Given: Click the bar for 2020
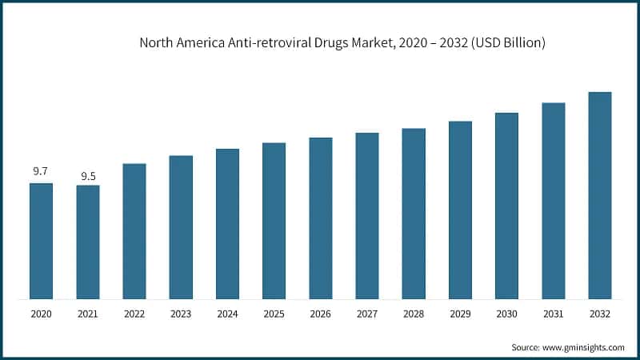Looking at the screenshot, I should click(41, 242).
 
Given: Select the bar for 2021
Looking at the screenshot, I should click(88, 242).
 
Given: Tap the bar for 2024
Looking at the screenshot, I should click(227, 224).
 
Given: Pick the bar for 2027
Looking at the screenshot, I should click(367, 216).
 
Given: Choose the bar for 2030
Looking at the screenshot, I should click(506, 206).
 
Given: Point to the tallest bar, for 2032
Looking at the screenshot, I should click(600, 196).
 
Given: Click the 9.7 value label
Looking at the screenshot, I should click(41, 172).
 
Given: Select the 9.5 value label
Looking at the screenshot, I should click(88, 175).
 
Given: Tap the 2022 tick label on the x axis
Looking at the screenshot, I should click(134, 314).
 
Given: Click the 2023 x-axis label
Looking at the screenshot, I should click(181, 314).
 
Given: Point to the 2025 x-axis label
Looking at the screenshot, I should click(274, 314).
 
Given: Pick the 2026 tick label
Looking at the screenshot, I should click(321, 314).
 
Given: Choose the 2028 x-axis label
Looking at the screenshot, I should click(414, 314).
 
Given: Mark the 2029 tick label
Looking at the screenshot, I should click(460, 314).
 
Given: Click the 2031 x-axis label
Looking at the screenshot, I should click(554, 314).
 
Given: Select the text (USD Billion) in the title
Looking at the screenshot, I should click(506, 43).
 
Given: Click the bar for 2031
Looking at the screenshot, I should click(554, 201).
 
